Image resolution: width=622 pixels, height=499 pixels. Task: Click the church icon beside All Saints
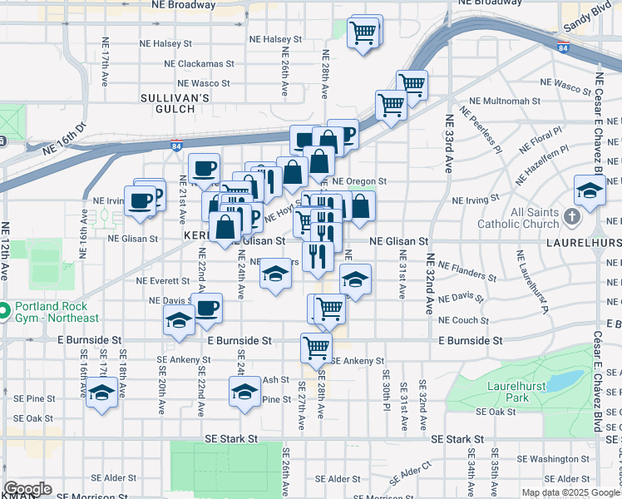tap(571, 217)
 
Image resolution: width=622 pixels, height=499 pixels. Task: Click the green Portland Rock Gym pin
tap(3, 312)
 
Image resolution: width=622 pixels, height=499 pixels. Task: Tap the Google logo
tap(27, 489)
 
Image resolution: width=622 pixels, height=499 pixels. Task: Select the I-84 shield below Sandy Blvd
tap(563, 48)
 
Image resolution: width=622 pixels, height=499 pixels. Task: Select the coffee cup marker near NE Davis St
tap(207, 309)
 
